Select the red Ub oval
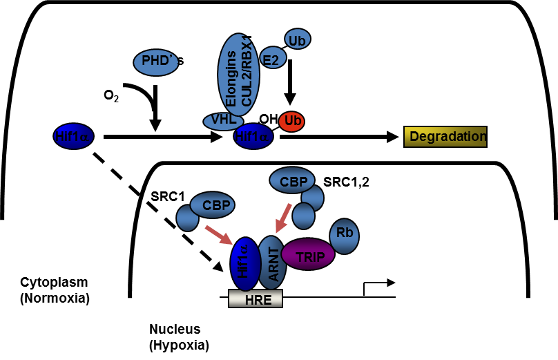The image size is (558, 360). (x=293, y=121)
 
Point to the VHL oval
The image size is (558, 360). (x=224, y=120)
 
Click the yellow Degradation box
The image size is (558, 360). (x=446, y=136)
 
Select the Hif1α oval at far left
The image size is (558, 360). (x=71, y=137)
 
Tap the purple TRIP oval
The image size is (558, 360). (x=307, y=254)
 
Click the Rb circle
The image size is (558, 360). (x=345, y=233)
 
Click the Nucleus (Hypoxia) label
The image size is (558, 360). (x=179, y=337)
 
